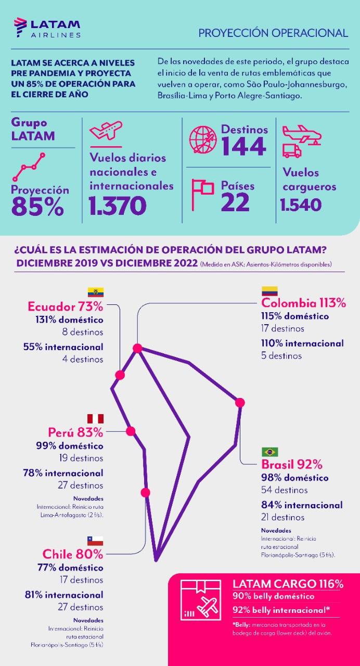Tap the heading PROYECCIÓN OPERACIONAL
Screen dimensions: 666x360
click(273, 33)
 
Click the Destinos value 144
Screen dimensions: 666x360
click(244, 147)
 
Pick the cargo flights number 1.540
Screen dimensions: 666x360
click(301, 205)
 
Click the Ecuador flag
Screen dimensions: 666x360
click(95, 292)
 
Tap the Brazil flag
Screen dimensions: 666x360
click(270, 452)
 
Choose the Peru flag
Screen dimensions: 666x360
click(95, 419)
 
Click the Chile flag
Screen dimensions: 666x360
click(95, 541)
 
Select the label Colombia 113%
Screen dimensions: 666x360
click(303, 303)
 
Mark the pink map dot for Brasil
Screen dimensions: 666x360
click(240, 402)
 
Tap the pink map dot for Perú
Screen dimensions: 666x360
click(131, 431)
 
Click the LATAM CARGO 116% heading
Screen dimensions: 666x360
click(288, 584)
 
